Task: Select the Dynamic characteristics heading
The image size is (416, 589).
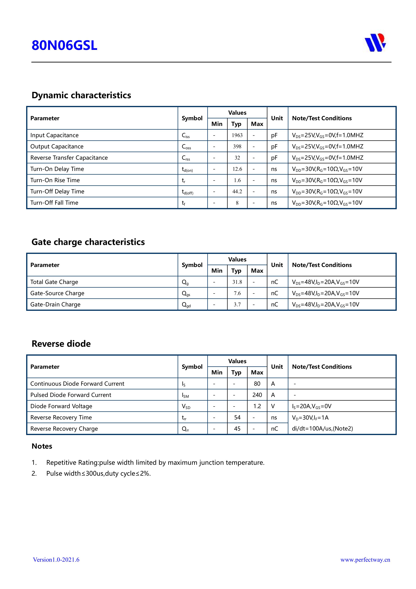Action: coord(81,95)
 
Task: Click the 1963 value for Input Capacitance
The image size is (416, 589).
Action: coord(237,135)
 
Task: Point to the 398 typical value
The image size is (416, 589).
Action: coord(237,146)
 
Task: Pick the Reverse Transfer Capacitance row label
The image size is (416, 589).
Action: coord(69,158)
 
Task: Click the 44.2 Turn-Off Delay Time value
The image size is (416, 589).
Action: coord(237,191)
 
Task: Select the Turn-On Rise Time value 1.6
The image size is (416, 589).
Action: coord(237,180)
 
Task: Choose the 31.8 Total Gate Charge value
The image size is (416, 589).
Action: coord(237,282)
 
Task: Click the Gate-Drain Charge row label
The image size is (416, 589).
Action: coord(55,305)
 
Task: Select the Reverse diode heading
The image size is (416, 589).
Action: coord(61,344)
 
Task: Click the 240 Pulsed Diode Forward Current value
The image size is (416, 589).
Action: coord(257,395)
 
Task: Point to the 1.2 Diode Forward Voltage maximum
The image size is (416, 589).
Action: coord(257,406)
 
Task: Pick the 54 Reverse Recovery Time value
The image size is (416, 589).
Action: coord(237,417)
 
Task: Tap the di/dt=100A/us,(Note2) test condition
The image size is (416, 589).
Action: coord(322,429)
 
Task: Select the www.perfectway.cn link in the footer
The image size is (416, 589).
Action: coord(365,560)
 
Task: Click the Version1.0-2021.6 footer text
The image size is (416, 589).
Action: coord(56,560)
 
